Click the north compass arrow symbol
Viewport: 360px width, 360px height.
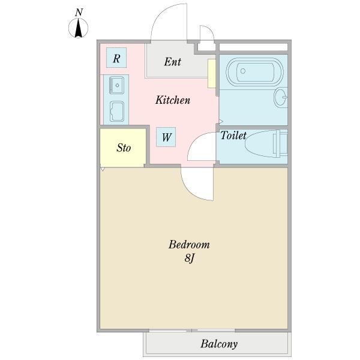click(78, 28)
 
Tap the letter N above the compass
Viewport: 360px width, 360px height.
click(79, 12)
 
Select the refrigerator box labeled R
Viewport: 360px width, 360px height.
click(116, 58)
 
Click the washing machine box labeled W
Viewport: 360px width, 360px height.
click(166, 137)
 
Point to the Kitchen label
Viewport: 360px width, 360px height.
click(173, 100)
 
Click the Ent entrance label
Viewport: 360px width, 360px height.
click(173, 62)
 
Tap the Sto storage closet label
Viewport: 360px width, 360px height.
click(124, 148)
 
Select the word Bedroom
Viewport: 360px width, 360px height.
click(189, 245)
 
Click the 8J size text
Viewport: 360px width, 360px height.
click(190, 258)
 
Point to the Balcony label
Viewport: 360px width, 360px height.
click(219, 344)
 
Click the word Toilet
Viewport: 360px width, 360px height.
click(233, 135)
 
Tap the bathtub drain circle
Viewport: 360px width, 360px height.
click(242, 71)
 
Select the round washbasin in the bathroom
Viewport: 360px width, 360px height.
click(281, 97)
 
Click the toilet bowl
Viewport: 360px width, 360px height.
click(260, 144)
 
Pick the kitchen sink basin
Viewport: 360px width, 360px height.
click(116, 85)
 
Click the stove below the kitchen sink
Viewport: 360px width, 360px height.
click(117, 112)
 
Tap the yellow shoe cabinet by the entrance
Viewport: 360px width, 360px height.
click(212, 73)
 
